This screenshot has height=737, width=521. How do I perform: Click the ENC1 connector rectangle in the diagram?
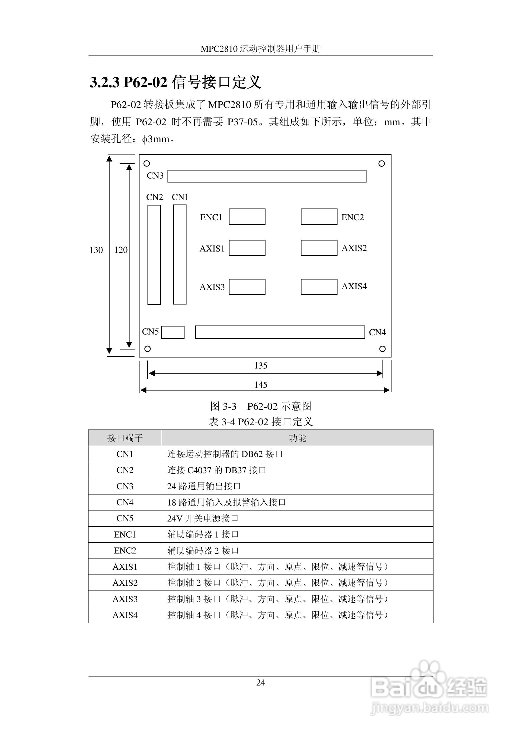(x=247, y=217)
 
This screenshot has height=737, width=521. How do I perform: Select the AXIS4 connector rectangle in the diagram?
(x=319, y=287)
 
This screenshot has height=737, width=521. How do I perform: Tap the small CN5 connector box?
(x=173, y=332)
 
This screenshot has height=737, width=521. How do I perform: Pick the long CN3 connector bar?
(x=267, y=176)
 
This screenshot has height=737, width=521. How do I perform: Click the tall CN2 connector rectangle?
(x=154, y=254)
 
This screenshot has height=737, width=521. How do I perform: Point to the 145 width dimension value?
(x=261, y=384)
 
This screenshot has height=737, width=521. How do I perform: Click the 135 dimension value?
(x=261, y=365)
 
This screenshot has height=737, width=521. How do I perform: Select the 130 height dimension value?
(x=96, y=250)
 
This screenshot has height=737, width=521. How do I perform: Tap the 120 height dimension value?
(x=121, y=250)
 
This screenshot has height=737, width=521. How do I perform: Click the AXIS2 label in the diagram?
(x=354, y=248)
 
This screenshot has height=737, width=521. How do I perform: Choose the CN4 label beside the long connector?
(x=377, y=332)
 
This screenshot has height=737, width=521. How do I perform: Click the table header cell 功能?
(x=297, y=438)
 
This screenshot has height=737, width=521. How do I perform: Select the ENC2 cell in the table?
(x=125, y=550)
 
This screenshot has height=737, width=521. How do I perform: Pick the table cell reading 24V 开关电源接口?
(x=203, y=518)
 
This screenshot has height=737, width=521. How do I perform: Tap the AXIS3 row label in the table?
(x=125, y=599)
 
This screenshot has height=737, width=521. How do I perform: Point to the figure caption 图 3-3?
(x=223, y=406)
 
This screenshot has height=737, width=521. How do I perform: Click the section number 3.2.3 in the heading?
(x=104, y=82)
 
